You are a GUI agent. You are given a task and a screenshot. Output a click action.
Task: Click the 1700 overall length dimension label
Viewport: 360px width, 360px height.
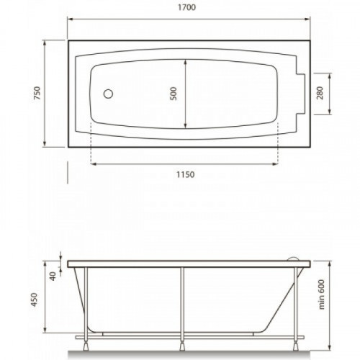pos(186,7)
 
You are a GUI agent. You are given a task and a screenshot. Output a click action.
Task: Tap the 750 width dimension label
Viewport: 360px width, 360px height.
pos(37,93)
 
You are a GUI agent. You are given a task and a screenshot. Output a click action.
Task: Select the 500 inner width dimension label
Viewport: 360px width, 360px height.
pos(173,94)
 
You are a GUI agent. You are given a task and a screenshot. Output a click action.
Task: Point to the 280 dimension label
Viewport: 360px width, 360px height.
pos(320,93)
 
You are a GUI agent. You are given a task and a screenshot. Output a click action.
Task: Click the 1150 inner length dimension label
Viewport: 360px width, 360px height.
pos(186,174)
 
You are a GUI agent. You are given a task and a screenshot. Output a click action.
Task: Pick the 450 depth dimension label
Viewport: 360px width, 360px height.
pos(34,300)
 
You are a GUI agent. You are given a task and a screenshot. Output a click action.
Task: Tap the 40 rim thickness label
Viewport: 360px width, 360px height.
pos(53,276)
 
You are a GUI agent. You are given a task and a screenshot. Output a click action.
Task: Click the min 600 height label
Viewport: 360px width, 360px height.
pos(321,294)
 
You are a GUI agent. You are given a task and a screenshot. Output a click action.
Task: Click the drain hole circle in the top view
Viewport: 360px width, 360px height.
pos(108,94)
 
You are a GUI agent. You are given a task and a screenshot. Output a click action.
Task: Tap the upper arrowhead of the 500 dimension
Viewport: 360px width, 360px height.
pos(185,62)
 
